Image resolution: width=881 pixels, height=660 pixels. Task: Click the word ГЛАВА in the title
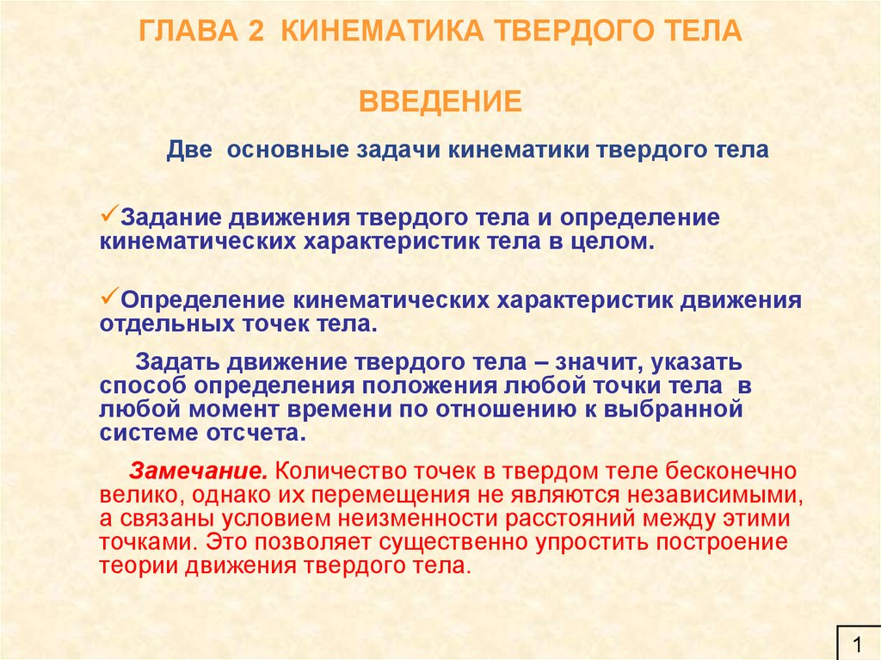[188, 31]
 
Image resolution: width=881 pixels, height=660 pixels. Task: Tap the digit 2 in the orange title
[255, 31]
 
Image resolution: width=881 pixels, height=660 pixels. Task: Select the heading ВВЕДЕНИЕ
[440, 102]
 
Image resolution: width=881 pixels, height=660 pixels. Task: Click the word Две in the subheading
[188, 150]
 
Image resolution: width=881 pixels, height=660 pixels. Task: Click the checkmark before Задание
[109, 213]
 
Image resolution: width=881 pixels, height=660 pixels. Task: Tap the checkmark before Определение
[109, 295]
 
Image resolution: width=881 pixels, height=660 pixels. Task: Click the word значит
[599, 362]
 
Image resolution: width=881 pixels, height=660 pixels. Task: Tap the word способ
[144, 386]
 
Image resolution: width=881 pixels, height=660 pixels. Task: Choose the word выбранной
[673, 410]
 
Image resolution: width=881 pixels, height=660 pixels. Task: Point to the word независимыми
[715, 496]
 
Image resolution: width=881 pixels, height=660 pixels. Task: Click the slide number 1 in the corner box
[858, 643]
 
